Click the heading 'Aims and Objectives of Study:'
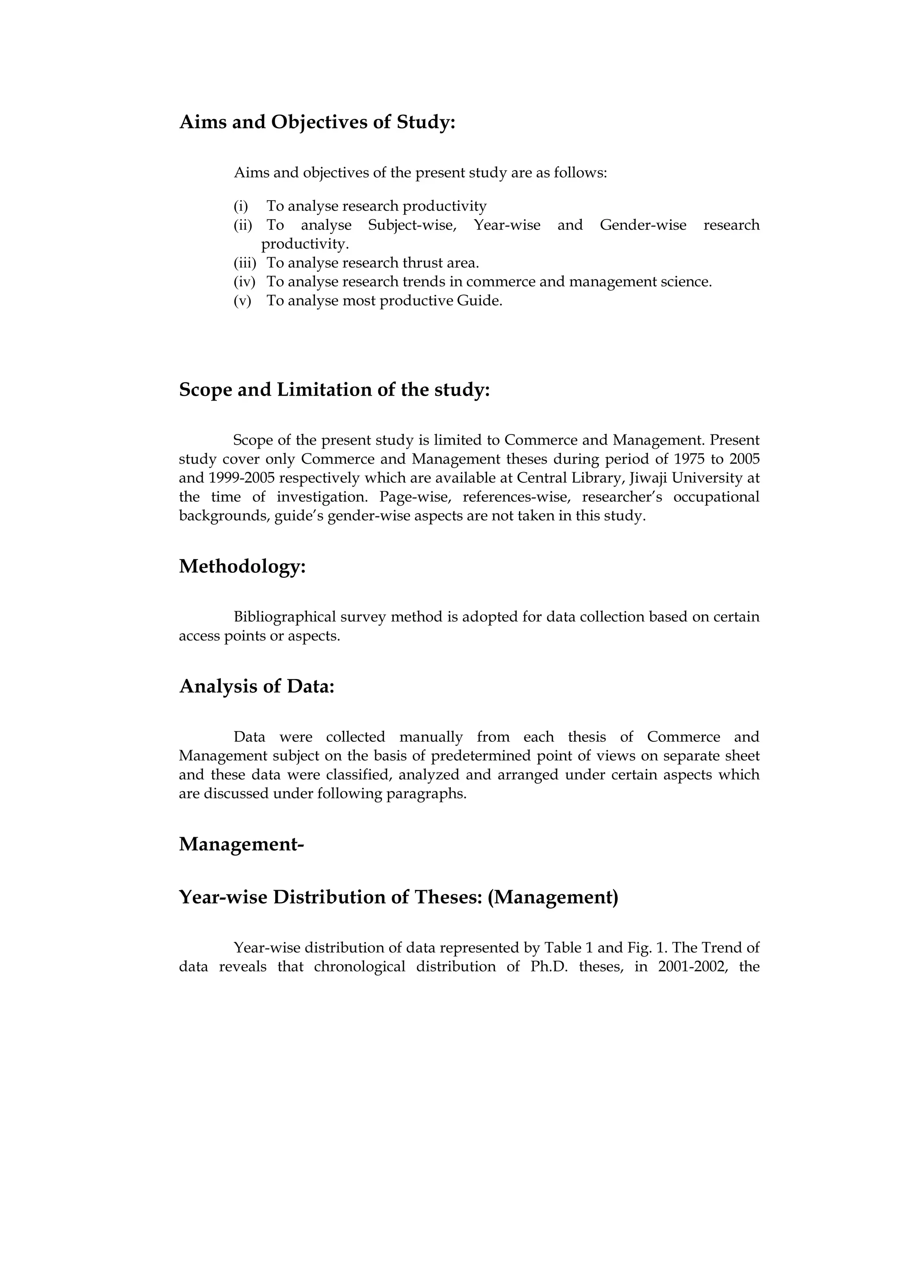(x=317, y=122)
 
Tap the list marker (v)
(x=242, y=301)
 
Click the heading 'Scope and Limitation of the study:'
(x=334, y=389)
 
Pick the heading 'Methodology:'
(x=242, y=566)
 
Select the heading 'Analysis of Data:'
(x=257, y=686)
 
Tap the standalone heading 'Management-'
(x=241, y=844)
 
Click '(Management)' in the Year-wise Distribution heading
(x=552, y=897)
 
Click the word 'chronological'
(x=360, y=967)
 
